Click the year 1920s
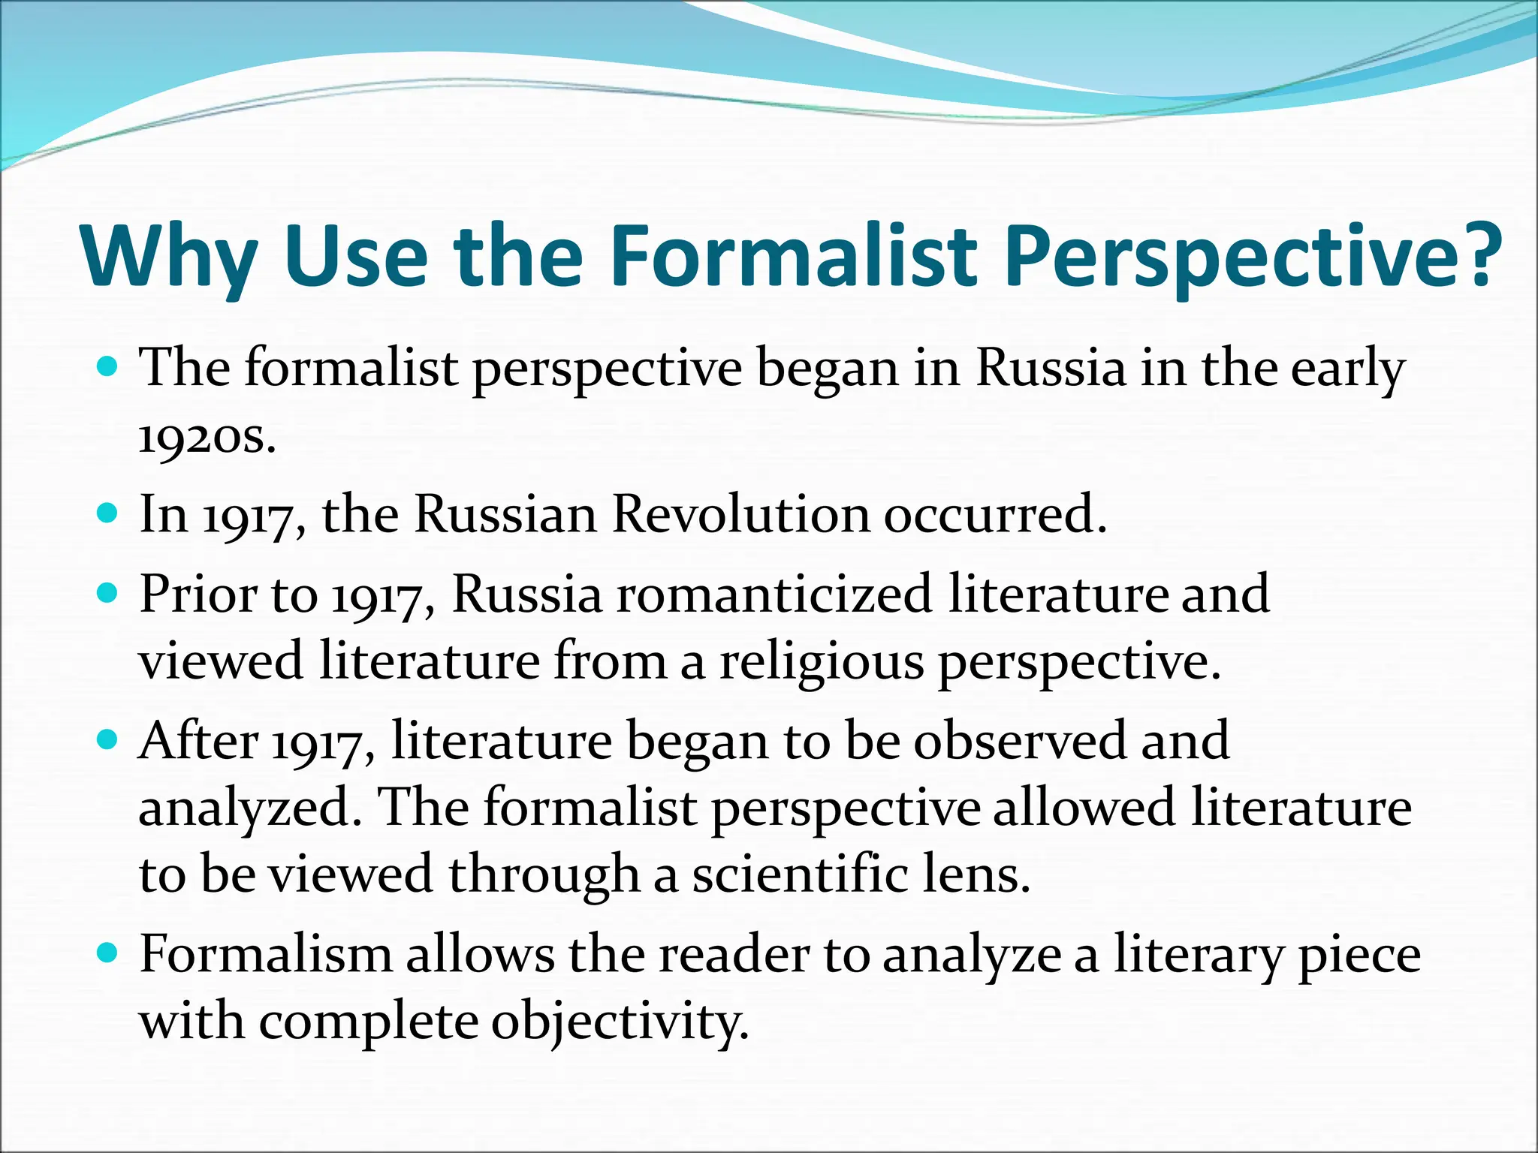click(x=207, y=436)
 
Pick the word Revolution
click(x=740, y=515)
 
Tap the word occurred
click(x=995, y=515)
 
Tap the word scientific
click(x=800, y=875)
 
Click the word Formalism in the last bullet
click(x=266, y=955)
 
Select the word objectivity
click(x=620, y=1022)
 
